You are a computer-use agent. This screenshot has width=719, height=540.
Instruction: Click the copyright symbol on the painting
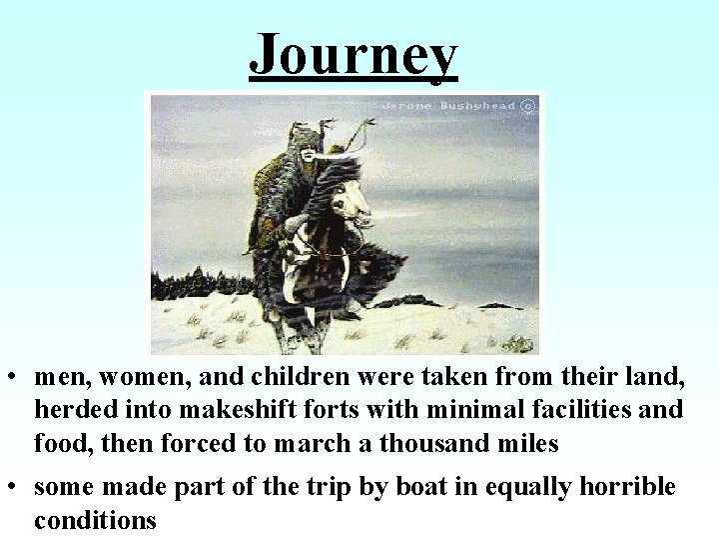click(x=530, y=104)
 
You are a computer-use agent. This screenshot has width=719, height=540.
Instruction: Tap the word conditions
click(x=96, y=520)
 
